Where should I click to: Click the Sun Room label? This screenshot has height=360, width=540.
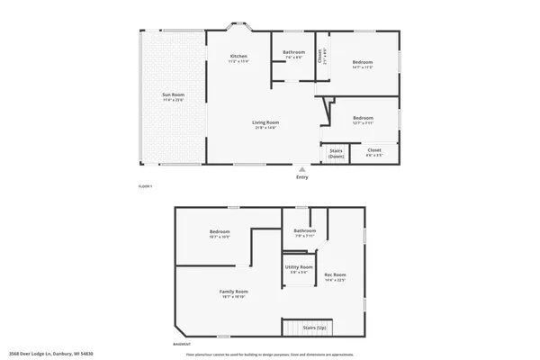click(x=173, y=96)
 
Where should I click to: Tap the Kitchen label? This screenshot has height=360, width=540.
click(x=238, y=58)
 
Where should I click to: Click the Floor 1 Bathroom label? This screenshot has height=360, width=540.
click(x=293, y=53)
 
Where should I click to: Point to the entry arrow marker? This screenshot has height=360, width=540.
click(x=301, y=168)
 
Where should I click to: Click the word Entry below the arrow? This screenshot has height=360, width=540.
click(x=301, y=178)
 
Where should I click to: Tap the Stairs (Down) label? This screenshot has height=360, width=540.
click(x=336, y=153)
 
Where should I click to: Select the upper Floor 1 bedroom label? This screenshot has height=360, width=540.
click(x=362, y=63)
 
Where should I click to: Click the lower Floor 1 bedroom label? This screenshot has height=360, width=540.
click(x=363, y=119)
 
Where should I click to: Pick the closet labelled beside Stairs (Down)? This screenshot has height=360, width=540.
click(x=374, y=151)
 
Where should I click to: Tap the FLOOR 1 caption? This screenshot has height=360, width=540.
click(x=145, y=186)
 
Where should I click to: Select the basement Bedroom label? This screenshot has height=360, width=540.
click(x=220, y=233)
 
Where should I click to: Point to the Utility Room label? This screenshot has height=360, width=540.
click(x=300, y=268)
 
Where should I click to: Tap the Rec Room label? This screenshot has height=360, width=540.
click(x=335, y=276)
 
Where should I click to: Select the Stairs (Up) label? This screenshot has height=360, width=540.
click(x=313, y=328)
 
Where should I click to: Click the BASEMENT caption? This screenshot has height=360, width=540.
click(x=182, y=344)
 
